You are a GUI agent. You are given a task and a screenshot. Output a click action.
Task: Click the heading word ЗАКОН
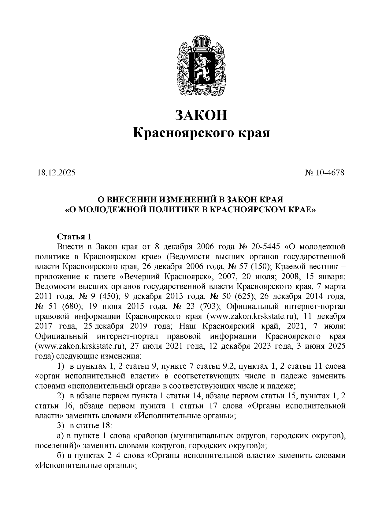pos(202,115)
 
